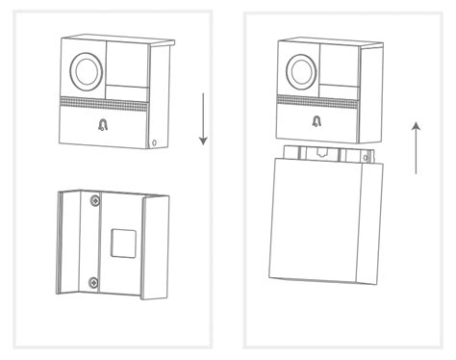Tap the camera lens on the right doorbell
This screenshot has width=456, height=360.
pos(301,68)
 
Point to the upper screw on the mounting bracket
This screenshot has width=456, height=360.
pos(93,201)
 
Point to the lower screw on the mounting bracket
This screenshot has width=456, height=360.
pos(93,282)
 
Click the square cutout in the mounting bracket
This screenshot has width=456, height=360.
pos(120,242)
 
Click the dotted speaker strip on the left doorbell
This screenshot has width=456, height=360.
pos(104,102)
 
